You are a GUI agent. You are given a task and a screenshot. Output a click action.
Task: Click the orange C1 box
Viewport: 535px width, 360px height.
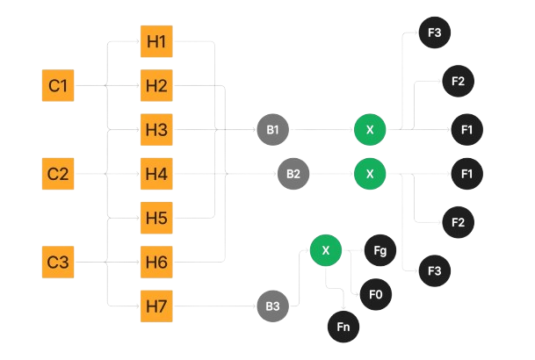[x=58, y=86]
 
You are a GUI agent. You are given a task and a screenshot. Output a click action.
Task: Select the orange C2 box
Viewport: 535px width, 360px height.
[x=58, y=173]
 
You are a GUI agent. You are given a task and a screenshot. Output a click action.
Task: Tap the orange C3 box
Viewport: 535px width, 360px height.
[x=58, y=261]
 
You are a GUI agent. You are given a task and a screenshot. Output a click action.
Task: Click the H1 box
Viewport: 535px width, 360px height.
[x=157, y=41]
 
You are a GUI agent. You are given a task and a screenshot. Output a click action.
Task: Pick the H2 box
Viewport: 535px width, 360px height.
[x=157, y=86]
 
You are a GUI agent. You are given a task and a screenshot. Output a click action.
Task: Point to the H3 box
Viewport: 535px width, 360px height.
[x=157, y=130]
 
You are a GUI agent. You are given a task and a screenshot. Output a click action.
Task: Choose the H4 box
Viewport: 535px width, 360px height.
[x=157, y=174]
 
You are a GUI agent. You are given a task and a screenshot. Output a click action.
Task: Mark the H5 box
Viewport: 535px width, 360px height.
[x=157, y=216]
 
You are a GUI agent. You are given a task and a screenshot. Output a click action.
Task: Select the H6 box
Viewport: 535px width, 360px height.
[x=157, y=261]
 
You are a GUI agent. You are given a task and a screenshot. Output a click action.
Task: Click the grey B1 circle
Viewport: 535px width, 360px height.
[x=272, y=130]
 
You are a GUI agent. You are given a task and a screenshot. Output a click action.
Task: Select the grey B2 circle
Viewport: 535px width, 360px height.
[x=293, y=174]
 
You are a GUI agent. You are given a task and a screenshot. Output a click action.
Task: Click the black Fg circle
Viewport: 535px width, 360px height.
[x=380, y=251]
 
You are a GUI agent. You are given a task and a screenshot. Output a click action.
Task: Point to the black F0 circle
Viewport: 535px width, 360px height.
[x=375, y=293]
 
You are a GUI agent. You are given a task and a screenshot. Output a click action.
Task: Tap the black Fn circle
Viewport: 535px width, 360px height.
[x=343, y=327]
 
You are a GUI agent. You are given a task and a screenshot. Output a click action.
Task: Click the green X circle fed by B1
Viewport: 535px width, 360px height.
[x=370, y=130]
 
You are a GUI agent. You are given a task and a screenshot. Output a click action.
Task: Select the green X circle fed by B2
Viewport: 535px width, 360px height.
[x=370, y=174]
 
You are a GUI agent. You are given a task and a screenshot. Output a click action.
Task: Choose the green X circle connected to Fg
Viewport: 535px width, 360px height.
[x=326, y=251]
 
